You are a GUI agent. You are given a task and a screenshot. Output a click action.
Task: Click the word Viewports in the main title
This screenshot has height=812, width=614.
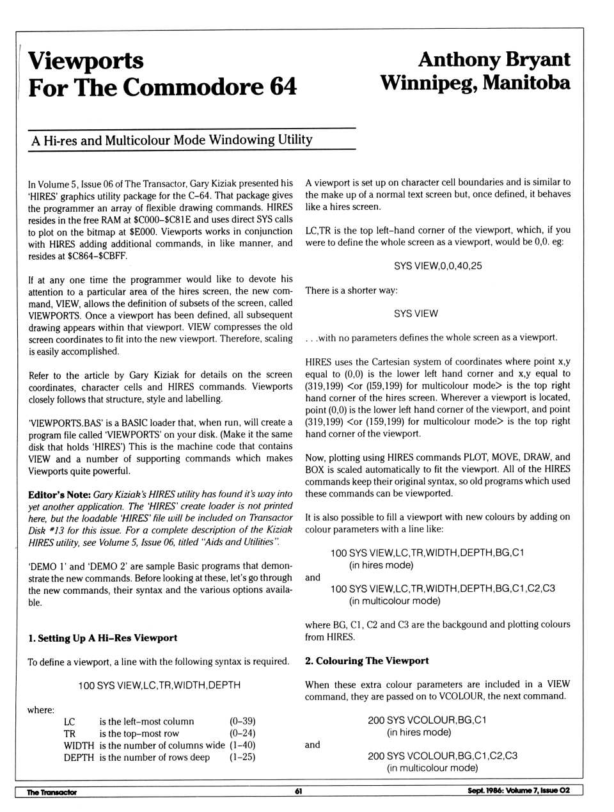point(86,61)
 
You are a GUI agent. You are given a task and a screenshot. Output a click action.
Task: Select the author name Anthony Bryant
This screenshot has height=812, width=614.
point(494,59)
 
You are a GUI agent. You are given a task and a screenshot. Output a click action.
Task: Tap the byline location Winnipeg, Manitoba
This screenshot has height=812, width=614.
point(475,83)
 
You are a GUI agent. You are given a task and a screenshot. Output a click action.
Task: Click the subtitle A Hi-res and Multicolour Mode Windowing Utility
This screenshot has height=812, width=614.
point(172,139)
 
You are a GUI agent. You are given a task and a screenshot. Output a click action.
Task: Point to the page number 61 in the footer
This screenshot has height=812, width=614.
point(299,792)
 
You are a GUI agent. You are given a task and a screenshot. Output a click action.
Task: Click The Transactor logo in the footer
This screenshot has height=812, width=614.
point(51,792)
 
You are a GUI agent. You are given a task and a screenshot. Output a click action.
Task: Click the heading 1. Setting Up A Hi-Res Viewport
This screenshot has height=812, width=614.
point(102,638)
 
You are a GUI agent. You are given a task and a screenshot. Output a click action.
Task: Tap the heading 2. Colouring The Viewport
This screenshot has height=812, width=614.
point(366,660)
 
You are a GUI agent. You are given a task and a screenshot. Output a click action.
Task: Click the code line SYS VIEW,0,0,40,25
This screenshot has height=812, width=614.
point(438,266)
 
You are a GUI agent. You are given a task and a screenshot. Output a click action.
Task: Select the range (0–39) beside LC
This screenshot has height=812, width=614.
point(242,721)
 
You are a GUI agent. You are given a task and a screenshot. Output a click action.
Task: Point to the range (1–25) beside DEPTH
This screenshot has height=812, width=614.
point(242,757)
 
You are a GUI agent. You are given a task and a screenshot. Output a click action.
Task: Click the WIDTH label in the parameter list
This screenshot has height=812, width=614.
point(79,745)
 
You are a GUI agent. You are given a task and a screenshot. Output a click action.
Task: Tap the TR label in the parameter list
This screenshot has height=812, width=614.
point(69,733)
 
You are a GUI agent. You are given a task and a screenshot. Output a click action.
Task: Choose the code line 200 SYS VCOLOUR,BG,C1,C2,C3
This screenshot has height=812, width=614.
point(443,756)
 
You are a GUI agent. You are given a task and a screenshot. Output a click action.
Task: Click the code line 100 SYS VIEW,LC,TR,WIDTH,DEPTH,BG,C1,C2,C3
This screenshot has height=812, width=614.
point(443,589)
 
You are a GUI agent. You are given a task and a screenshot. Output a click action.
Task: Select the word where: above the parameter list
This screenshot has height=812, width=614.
point(41,710)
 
